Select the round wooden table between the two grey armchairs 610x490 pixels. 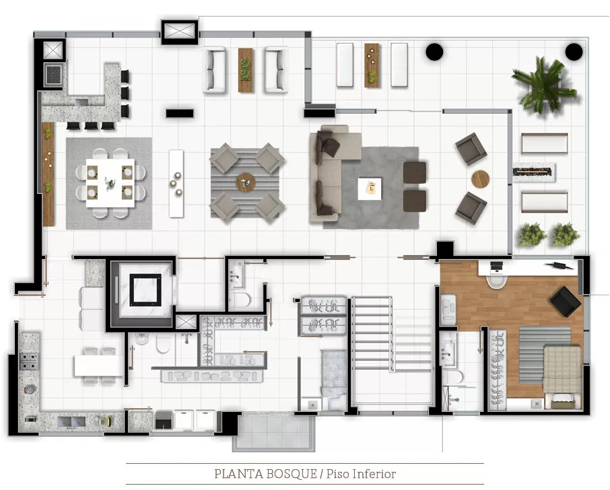(x=480, y=179)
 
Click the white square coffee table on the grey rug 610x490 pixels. (x=370, y=189)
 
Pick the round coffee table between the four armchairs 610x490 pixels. (x=246, y=182)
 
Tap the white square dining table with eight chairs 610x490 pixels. (x=110, y=183)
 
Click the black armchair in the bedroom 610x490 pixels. (x=566, y=301)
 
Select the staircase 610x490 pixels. (x=372, y=334)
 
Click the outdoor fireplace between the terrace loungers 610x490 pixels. (x=533, y=172)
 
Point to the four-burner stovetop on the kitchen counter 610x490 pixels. (x=29, y=361)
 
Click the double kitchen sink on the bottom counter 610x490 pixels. (x=71, y=421)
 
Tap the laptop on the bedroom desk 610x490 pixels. (x=496, y=267)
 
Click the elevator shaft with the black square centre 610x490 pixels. (x=145, y=289)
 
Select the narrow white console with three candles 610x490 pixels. (x=176, y=184)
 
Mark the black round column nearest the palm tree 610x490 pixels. (x=574, y=52)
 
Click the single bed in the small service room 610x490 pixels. (x=333, y=379)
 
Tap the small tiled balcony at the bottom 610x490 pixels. (x=274, y=432)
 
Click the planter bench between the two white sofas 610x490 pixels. (x=246, y=70)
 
